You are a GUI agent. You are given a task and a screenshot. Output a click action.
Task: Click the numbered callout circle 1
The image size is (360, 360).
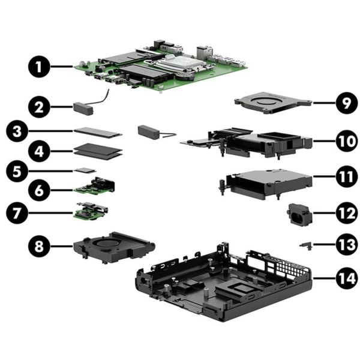(39, 67)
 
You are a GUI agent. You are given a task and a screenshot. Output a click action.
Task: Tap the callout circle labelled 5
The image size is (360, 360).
(17, 171)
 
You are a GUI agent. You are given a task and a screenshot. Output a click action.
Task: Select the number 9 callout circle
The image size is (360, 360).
(347, 103)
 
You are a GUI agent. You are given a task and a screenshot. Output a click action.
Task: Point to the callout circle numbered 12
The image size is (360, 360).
(347, 213)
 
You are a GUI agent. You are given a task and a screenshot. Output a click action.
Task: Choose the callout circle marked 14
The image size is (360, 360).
(347, 278)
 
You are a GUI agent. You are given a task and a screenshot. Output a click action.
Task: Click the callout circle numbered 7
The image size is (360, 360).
(17, 213)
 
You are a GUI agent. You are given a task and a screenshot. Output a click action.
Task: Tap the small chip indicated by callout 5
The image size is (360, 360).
(85, 170)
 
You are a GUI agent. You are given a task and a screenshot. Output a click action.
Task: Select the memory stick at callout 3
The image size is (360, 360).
(98, 133)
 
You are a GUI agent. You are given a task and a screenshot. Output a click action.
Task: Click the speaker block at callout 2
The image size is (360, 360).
(83, 109)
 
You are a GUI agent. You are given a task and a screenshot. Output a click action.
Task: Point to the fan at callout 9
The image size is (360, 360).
(273, 103)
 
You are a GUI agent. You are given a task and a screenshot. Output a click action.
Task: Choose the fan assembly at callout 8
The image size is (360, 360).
(113, 247)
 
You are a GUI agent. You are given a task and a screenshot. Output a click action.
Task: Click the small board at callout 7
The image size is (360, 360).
(91, 211)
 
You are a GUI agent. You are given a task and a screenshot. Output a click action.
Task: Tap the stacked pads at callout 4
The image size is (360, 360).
(98, 151)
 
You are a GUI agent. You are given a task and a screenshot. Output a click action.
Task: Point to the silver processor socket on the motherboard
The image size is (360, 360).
(179, 62)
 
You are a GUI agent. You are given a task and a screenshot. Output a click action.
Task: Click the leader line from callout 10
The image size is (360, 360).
(324, 141)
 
